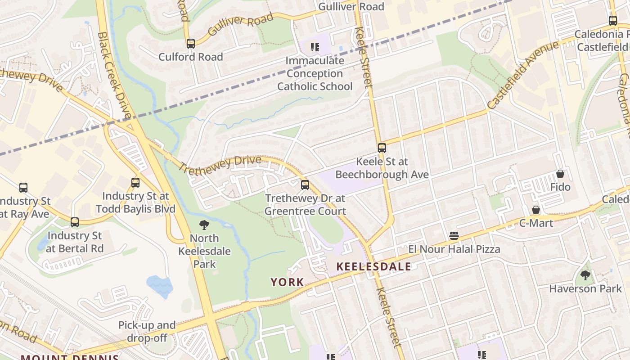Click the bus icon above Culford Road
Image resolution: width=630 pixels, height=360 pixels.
[x=191, y=44]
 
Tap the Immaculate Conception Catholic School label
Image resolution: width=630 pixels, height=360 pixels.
[x=315, y=73]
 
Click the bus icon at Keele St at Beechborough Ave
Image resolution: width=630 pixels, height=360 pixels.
[x=382, y=148]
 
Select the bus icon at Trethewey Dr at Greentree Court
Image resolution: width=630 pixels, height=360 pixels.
[x=305, y=184]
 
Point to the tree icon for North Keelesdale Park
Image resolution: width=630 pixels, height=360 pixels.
[x=204, y=225]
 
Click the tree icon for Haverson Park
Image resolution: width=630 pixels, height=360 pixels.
[x=585, y=275]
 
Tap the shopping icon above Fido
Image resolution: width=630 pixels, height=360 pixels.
[x=560, y=174]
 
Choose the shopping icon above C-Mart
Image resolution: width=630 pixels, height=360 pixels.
[x=536, y=210]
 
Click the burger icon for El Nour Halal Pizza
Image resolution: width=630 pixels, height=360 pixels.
[x=454, y=236]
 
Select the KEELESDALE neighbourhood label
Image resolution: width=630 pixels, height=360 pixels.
[x=374, y=266]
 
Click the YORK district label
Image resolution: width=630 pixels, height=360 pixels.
[x=287, y=282]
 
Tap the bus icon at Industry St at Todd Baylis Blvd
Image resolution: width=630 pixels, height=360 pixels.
[x=135, y=183]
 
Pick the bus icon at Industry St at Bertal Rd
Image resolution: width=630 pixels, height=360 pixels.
[x=75, y=222]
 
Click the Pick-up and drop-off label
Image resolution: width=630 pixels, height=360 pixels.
[x=147, y=331]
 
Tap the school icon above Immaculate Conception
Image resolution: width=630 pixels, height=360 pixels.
[x=315, y=47]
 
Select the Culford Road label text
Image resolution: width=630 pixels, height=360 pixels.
[x=191, y=57]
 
